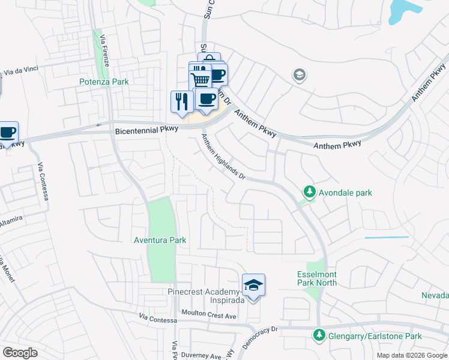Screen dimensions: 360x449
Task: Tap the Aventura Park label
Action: (160, 240)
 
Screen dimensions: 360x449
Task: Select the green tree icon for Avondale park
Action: (309, 192)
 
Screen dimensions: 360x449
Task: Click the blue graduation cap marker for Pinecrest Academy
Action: (253, 285)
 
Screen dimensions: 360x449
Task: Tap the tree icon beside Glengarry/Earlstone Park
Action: (319, 335)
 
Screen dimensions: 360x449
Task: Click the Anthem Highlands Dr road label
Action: (223, 157)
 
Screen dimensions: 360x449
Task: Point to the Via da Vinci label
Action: (21, 71)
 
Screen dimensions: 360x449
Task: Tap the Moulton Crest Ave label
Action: (209, 315)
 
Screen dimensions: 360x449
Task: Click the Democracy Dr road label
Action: (262, 337)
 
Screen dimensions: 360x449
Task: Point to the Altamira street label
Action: (10, 221)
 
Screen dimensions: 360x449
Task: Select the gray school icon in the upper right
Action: (298, 75)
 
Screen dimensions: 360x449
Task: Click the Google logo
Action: (20, 353)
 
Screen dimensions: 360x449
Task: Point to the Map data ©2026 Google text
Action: (412, 355)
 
